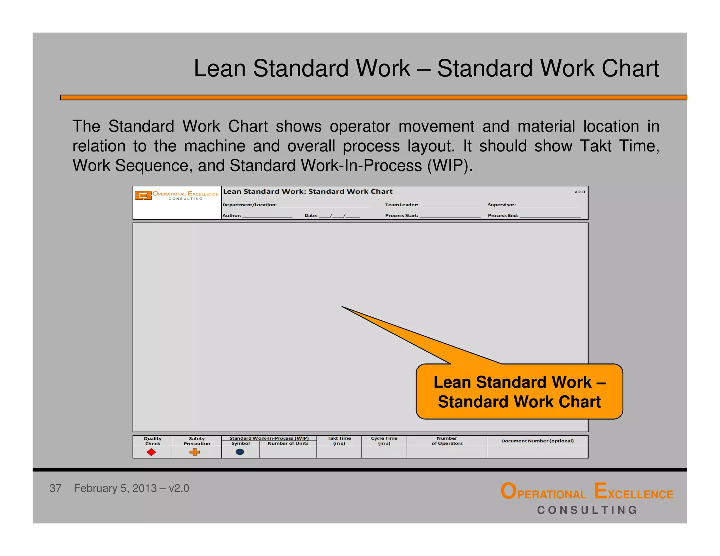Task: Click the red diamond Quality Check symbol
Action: (x=151, y=452)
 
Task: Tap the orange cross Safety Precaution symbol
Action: (x=194, y=452)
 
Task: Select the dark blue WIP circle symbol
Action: (x=240, y=452)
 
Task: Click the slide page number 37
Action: (x=55, y=488)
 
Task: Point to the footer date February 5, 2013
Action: (x=115, y=488)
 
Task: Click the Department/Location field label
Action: (x=250, y=205)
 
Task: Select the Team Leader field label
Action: (x=401, y=205)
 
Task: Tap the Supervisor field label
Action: (x=502, y=205)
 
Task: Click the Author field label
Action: (x=232, y=215)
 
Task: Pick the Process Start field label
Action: (x=401, y=215)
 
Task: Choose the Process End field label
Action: (x=503, y=215)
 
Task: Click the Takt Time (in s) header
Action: (x=339, y=441)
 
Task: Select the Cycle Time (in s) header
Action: (x=384, y=441)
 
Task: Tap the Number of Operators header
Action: (x=447, y=441)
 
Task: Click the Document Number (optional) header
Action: (x=537, y=441)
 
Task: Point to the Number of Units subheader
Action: (x=288, y=444)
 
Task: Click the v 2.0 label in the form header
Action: (x=579, y=192)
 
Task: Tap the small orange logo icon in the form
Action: (x=143, y=195)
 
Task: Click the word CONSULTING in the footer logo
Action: (x=587, y=510)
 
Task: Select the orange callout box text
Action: (x=519, y=392)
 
